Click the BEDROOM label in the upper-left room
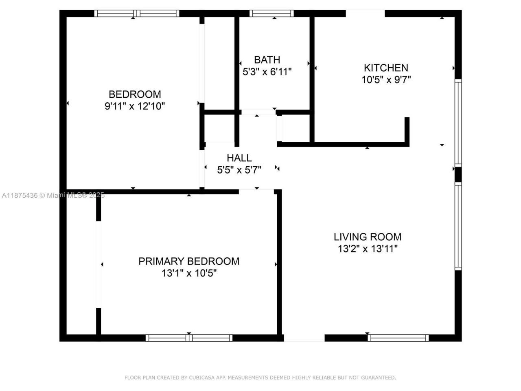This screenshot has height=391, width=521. [135, 94]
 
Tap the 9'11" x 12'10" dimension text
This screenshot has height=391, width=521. [135, 106]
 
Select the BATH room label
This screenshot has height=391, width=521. [267, 60]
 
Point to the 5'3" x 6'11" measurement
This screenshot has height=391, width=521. [267, 72]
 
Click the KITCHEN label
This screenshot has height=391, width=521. [386, 68]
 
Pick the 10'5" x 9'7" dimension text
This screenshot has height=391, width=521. [386, 80]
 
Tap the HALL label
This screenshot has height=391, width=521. [239, 158]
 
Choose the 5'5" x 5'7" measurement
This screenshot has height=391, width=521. [239, 170]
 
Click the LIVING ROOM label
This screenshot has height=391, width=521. [368, 237]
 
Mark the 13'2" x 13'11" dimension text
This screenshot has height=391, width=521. [368, 249]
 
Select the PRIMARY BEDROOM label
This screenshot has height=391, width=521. [189, 261]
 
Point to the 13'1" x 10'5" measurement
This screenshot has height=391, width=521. [189, 273]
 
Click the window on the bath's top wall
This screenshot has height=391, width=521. [272, 13]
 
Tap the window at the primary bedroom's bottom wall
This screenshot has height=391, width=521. [189, 338]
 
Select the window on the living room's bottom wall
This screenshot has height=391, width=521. [398, 338]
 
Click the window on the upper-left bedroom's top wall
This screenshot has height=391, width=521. [137, 13]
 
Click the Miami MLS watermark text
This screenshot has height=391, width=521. [53, 195]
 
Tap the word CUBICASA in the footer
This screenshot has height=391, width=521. [199, 378]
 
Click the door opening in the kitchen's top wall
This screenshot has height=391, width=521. [365, 13]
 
